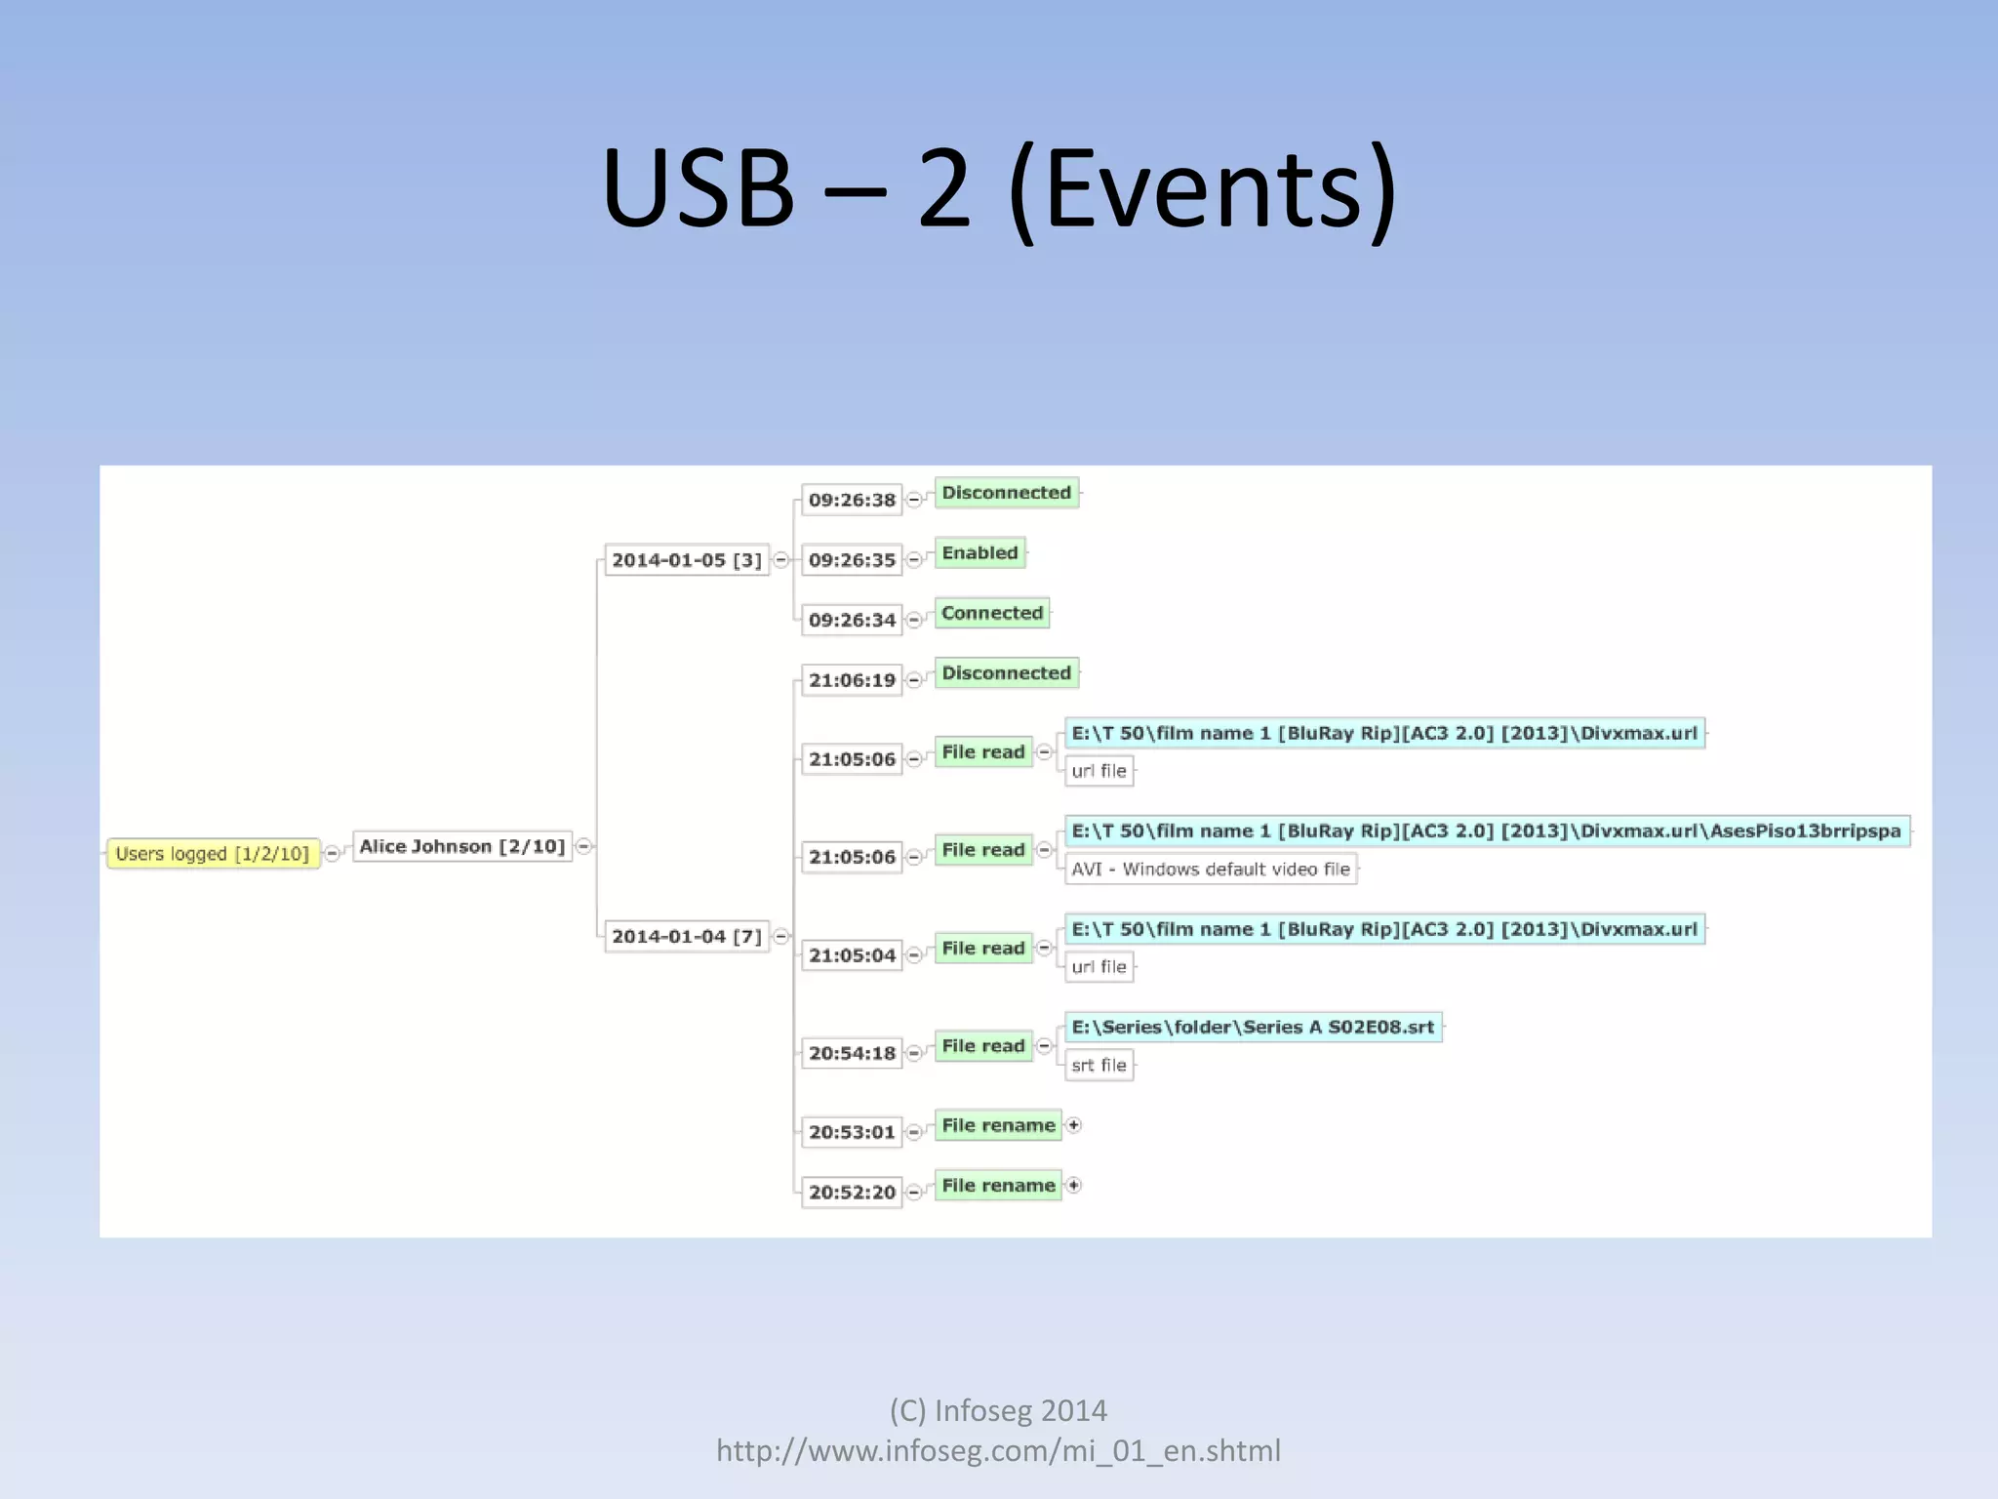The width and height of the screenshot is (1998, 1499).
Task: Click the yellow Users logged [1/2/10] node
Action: click(213, 854)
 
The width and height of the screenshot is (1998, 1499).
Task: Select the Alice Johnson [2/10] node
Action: click(461, 846)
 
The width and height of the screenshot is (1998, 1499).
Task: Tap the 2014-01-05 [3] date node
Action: click(686, 560)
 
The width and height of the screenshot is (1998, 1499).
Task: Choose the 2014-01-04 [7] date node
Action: click(686, 937)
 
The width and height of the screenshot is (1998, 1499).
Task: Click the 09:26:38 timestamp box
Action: click(852, 500)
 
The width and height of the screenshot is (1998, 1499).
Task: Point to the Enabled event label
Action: click(979, 553)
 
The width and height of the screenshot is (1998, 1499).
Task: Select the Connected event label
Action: click(992, 613)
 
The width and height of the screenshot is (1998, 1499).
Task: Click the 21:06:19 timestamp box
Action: click(852, 680)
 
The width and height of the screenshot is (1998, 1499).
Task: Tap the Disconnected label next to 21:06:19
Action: click(1006, 673)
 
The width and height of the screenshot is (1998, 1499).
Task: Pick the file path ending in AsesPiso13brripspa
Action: click(1486, 831)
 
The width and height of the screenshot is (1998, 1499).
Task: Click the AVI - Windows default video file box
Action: click(1210, 870)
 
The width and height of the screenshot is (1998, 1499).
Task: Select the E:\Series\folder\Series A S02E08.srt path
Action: click(1253, 1027)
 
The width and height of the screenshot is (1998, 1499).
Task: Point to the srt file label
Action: click(1099, 1066)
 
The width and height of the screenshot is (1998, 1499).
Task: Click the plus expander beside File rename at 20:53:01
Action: click(1074, 1125)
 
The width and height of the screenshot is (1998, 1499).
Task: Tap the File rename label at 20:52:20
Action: click(998, 1186)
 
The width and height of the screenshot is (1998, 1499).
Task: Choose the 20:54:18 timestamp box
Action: click(852, 1053)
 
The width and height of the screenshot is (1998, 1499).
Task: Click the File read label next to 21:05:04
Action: click(983, 949)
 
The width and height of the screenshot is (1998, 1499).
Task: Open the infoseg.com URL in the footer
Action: click(998, 1451)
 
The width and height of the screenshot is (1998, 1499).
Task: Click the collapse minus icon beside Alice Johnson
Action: click(583, 846)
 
